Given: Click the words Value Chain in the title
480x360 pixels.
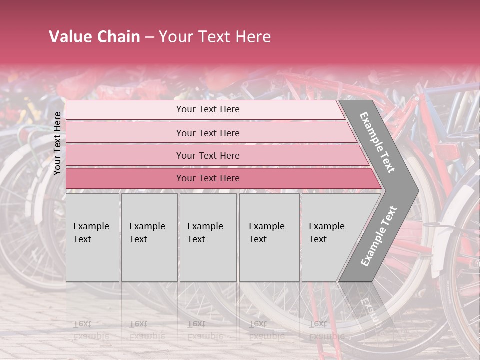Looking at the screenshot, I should pyautogui.click(x=94, y=37).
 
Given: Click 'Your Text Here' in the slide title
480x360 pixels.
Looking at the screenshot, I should pyautogui.click(x=214, y=37).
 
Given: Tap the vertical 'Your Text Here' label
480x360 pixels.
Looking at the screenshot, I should pyautogui.click(x=57, y=143).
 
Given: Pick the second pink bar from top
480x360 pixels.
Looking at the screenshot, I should pyautogui.click(x=207, y=133).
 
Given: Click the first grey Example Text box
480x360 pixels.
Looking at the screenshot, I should pyautogui.click(x=92, y=237).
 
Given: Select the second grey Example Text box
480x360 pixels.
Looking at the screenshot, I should pyautogui.click(x=149, y=237).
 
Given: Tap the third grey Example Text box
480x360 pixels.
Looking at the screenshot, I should pyautogui.click(x=208, y=237).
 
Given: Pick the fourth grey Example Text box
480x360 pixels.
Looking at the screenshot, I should pyautogui.click(x=269, y=237).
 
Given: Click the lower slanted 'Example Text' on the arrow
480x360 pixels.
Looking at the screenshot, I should pyautogui.click(x=378, y=236).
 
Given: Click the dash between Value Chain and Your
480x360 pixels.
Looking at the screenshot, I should pyautogui.click(x=149, y=37).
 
